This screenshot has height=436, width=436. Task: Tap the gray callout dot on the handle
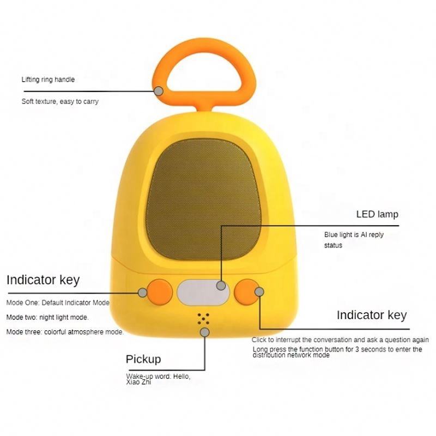[159, 91]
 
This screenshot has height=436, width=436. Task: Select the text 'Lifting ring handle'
[48, 80]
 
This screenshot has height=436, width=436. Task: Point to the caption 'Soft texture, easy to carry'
[60, 101]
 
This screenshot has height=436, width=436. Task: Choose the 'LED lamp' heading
[377, 214]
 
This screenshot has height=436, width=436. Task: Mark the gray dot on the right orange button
[259, 293]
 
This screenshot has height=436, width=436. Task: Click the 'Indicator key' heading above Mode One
[43, 280]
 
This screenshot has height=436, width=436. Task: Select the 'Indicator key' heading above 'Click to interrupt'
[371, 315]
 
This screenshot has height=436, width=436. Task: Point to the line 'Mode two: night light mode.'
[47, 317]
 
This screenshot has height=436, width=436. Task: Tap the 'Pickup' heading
[143, 359]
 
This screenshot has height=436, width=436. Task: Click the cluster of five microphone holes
[204, 318]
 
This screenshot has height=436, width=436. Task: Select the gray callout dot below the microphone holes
[205, 332]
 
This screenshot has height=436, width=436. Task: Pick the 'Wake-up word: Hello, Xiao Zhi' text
[158, 380]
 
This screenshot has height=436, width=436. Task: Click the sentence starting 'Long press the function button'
[337, 352]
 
